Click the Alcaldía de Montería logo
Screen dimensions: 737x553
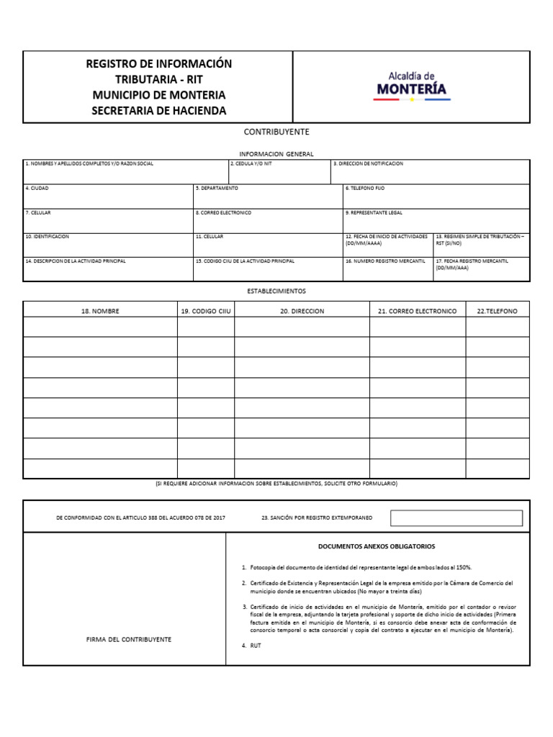click(411, 86)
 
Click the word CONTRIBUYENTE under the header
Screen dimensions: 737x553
click(276, 132)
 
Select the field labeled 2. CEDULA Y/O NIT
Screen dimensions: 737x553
click(279, 172)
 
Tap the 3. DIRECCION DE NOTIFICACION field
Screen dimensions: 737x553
click(430, 172)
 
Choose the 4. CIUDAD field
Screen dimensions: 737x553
click(108, 196)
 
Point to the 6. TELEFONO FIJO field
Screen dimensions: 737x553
click(436, 196)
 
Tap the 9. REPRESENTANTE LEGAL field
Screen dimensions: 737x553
click(436, 221)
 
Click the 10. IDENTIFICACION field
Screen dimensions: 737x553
click(108, 245)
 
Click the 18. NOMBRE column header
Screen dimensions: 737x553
click(100, 311)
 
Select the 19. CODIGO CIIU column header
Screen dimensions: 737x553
click(205, 311)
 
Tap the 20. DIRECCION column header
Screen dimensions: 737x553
click(302, 311)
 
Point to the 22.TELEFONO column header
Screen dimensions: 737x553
click(497, 311)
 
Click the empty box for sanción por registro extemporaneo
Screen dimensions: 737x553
click(456, 518)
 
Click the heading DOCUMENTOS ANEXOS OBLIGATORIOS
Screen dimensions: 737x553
click(377, 546)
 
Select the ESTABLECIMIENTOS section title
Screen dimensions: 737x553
click(276, 291)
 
